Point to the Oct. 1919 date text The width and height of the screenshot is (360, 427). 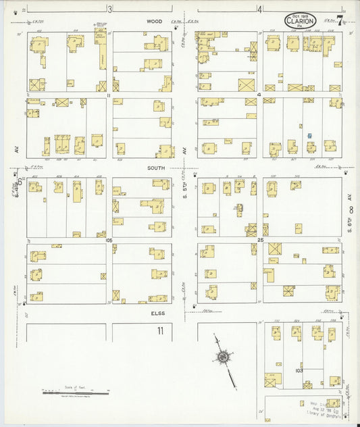[299, 13]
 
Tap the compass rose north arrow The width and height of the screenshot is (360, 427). [223, 357]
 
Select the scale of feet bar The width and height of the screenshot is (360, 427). [75, 391]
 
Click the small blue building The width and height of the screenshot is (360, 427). [309, 136]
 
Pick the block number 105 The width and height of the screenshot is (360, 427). [109, 239]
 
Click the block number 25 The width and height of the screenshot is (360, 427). [259, 239]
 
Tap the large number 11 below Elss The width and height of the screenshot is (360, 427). [160, 330]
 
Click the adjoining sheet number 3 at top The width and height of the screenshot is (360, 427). [109, 9]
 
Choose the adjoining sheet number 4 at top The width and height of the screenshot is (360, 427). [259, 9]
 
